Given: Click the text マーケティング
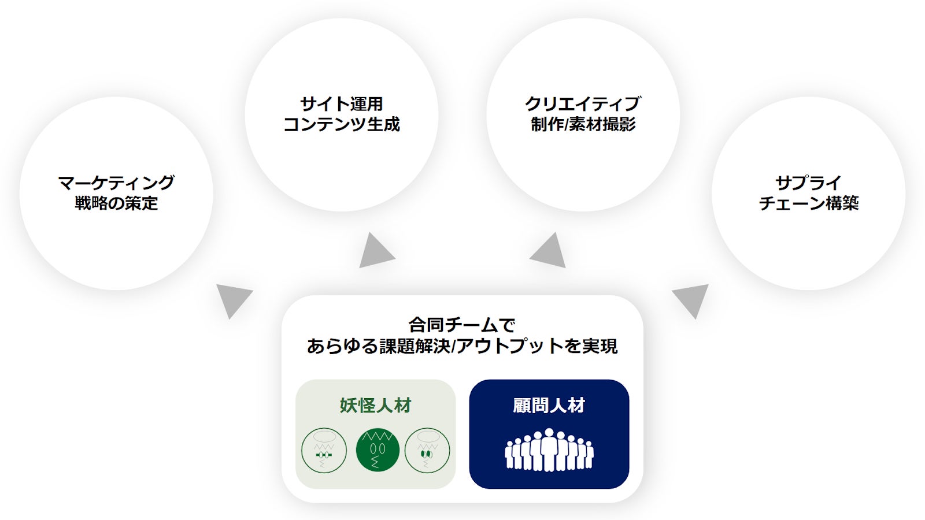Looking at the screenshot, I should [x=116, y=183].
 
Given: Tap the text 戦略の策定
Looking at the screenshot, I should [x=116, y=203].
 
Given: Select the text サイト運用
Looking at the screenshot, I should [x=342, y=104].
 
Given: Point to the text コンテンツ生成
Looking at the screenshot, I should [x=342, y=124].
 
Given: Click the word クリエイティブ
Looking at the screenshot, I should [x=583, y=104].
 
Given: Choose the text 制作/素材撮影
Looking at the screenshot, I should [x=583, y=124].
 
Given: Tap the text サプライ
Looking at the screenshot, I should [x=808, y=183].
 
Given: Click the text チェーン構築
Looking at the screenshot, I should [x=808, y=203].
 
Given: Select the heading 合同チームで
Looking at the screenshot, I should [x=462, y=325].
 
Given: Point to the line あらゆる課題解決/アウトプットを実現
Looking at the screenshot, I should [x=462, y=346].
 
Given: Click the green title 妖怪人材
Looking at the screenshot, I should [x=375, y=406].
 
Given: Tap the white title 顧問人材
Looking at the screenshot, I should [x=549, y=406].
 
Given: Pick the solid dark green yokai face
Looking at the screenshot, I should [x=378, y=450].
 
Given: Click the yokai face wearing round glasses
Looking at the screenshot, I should [x=324, y=451].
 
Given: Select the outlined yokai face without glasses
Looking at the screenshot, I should [x=427, y=451].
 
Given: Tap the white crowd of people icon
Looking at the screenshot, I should [x=549, y=450].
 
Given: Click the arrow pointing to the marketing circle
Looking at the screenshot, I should [x=232, y=298].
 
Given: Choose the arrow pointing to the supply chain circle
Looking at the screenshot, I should [x=691, y=298].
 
